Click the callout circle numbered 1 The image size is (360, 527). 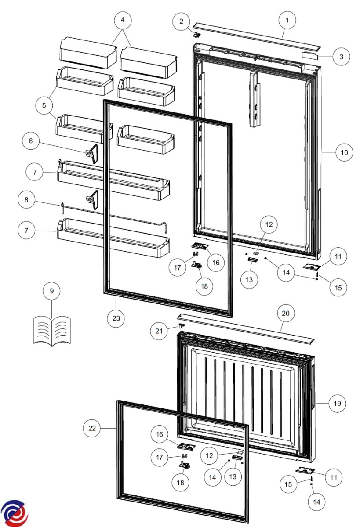pyautogui.click(x=287, y=20)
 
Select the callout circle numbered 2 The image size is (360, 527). pyautogui.click(x=181, y=22)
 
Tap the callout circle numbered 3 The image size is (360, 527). pyautogui.click(x=341, y=57)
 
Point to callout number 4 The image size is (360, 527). pyautogui.click(x=123, y=20)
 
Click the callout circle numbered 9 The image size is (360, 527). pyautogui.click(x=51, y=291)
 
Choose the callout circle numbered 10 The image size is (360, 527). pyautogui.click(x=344, y=152)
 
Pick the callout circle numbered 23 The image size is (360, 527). pyautogui.click(x=116, y=318)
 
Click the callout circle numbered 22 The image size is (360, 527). pyautogui.click(x=92, y=428)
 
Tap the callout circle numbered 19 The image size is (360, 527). pyautogui.click(x=338, y=404)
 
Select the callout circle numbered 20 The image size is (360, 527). pyautogui.click(x=285, y=314)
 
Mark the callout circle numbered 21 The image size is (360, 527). pyautogui.click(x=159, y=331)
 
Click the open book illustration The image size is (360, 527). pyautogui.click(x=51, y=331)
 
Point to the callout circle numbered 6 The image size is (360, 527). pyautogui.click(x=31, y=141)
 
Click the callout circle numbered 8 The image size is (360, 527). pyautogui.click(x=26, y=200)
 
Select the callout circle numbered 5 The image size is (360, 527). pyautogui.click(x=44, y=105)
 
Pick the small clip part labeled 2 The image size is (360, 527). pyautogui.click(x=197, y=34)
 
